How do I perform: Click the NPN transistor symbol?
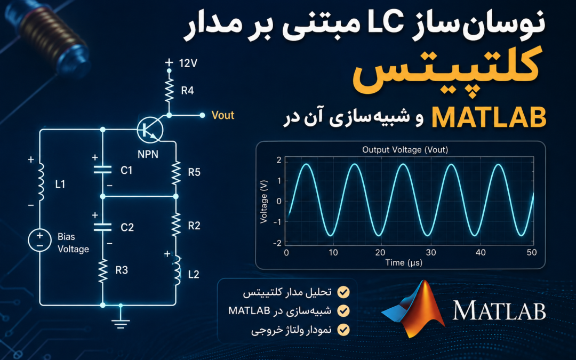point(150,129)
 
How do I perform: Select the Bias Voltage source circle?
point(39,240)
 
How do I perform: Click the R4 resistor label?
point(187,90)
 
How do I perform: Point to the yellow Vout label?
point(223,115)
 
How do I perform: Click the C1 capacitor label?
point(126,170)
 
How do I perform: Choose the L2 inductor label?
point(193,275)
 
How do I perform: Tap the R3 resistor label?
point(122,270)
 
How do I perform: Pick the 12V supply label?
point(188,63)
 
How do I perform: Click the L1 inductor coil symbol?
point(41,182)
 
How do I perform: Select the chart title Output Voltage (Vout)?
point(405,149)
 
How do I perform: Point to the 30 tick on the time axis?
point(431,252)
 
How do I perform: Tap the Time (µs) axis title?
point(404,262)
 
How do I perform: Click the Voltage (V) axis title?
point(263,202)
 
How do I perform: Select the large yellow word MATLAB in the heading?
point(489,117)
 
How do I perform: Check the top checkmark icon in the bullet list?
point(343,292)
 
